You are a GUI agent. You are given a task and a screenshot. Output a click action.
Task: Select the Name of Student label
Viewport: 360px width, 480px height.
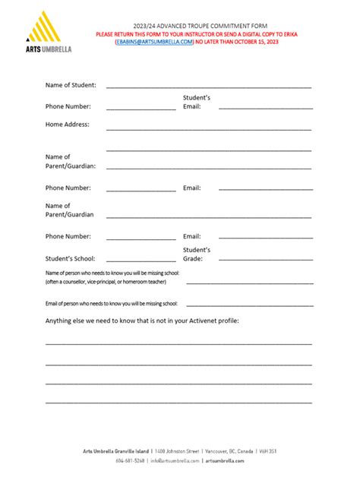(71, 86)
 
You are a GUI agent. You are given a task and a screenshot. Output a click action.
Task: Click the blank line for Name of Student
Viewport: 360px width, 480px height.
(209, 88)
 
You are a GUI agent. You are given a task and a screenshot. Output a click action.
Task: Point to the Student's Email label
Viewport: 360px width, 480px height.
(196, 102)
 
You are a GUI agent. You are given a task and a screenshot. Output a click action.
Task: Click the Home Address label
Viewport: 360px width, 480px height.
(67, 124)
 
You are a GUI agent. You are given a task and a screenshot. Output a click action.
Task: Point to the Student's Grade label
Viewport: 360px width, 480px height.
(196, 254)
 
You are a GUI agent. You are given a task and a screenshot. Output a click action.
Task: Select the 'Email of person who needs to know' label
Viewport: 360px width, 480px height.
(111, 303)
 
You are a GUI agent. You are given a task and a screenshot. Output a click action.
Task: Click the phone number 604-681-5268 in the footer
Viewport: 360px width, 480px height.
(130, 460)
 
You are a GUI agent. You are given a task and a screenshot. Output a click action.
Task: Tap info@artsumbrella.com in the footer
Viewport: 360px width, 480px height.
(175, 460)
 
